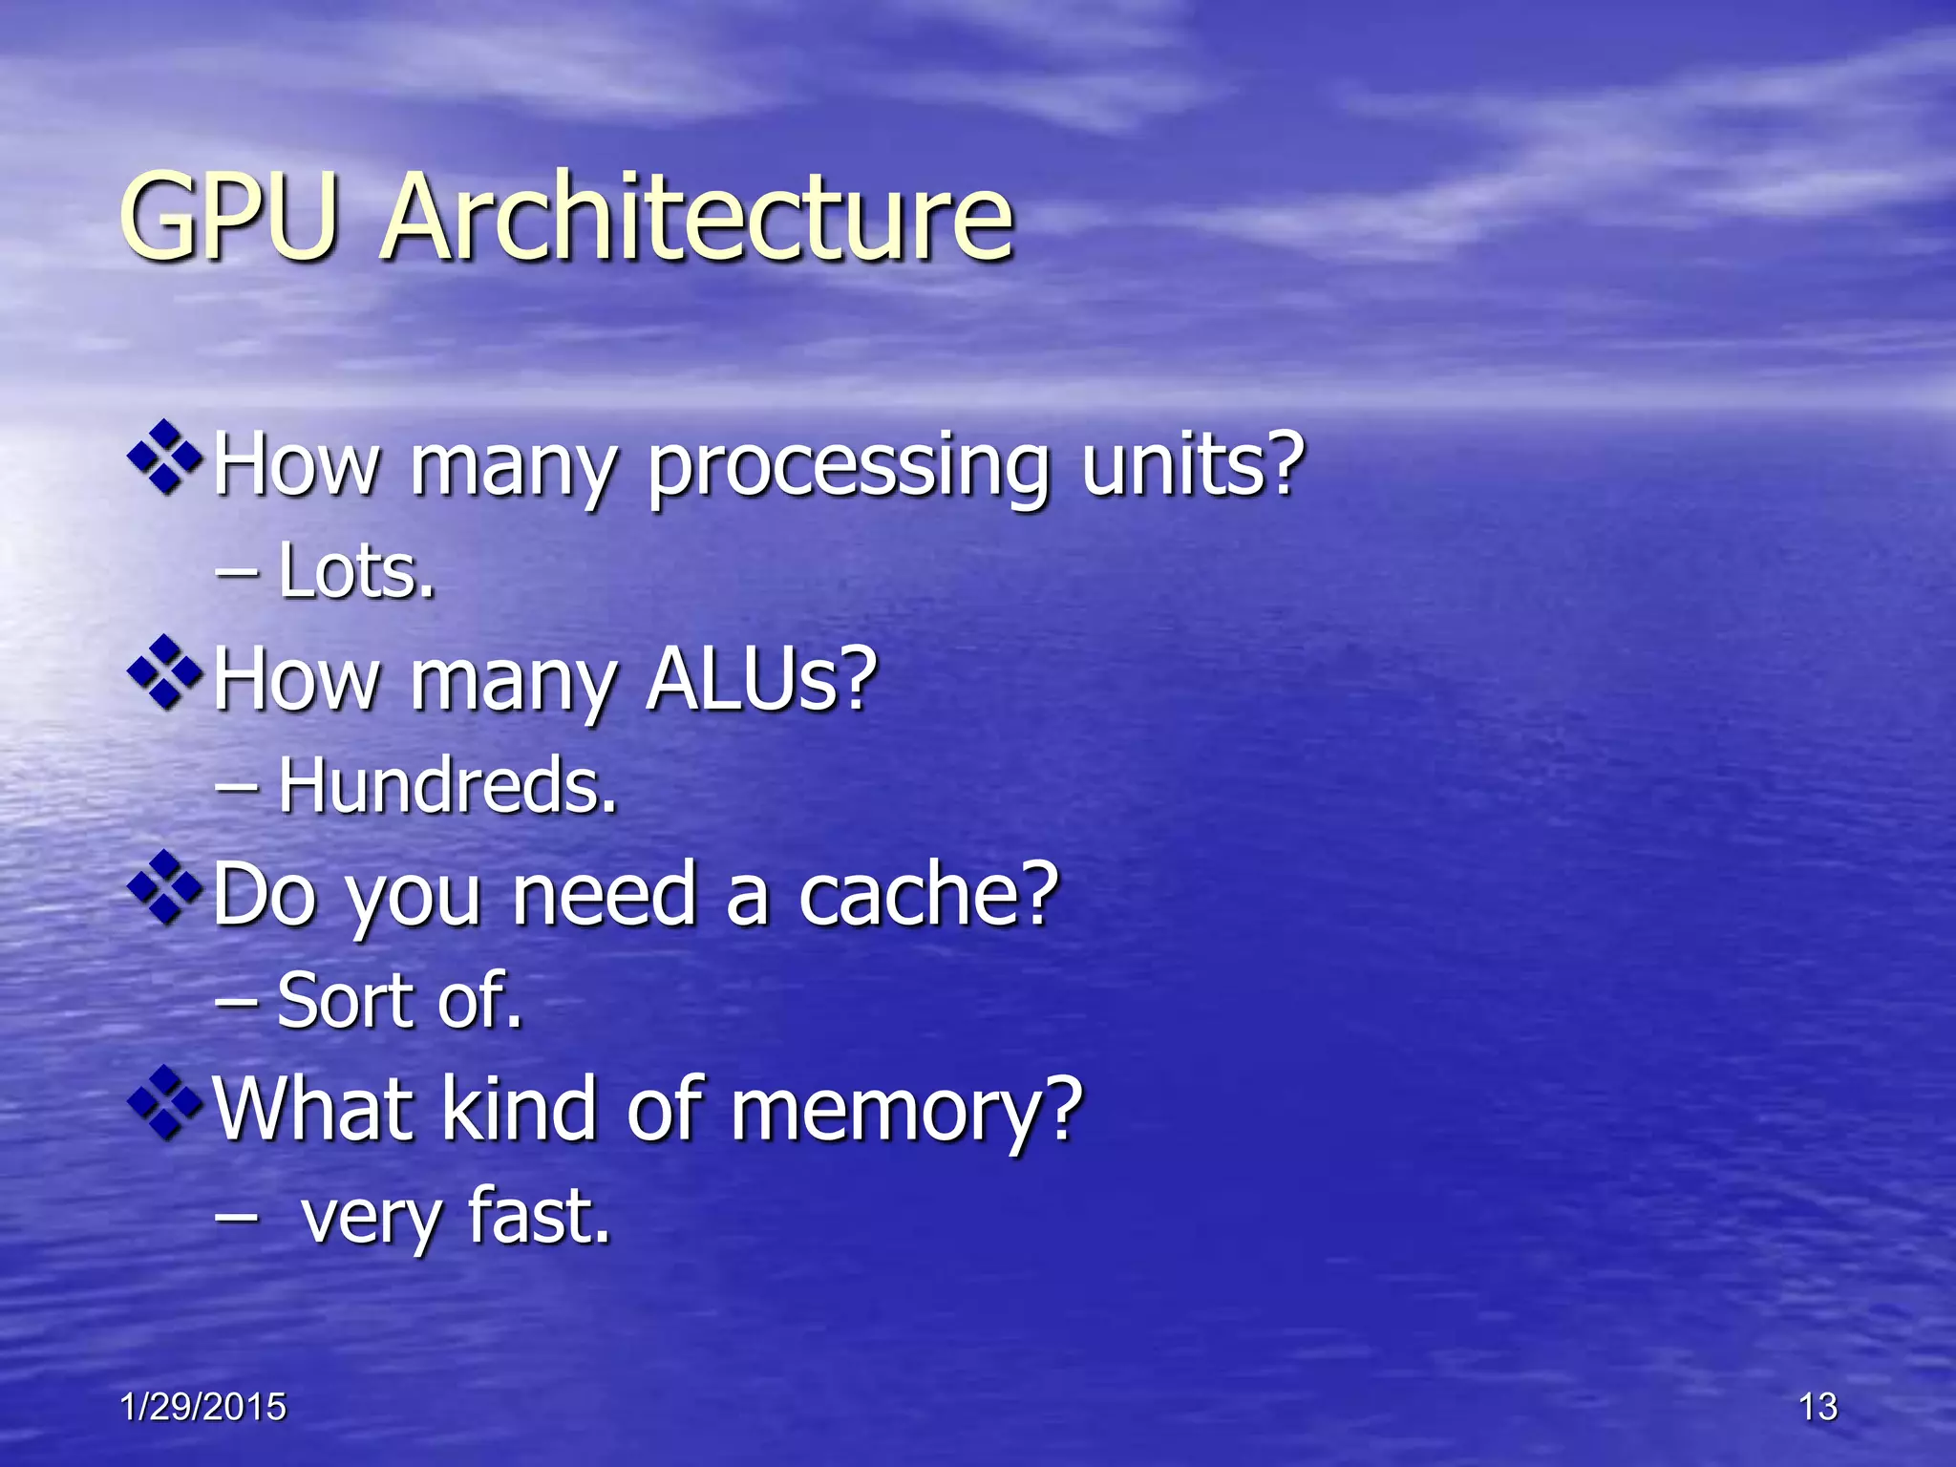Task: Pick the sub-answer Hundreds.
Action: click(x=447, y=785)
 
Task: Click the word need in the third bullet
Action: click(x=603, y=894)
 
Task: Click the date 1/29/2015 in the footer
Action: click(x=203, y=1407)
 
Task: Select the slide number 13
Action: click(x=1818, y=1407)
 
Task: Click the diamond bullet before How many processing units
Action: click(x=165, y=457)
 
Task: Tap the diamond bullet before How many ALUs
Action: click(x=165, y=672)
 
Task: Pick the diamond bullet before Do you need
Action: click(x=165, y=887)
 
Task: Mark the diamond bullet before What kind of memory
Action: click(x=165, y=1103)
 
